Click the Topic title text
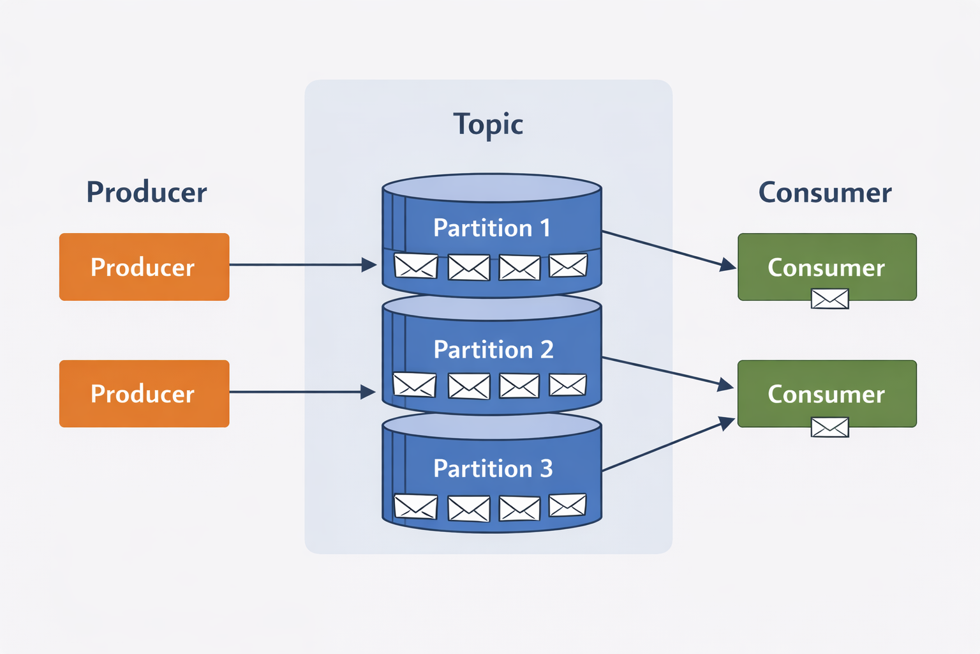point(488,125)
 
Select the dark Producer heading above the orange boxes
point(147,192)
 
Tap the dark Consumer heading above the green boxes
point(825,192)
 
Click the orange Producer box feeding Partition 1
point(144,267)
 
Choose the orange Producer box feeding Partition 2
point(144,393)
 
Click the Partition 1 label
point(491,228)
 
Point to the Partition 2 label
point(493,349)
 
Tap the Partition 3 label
point(493,468)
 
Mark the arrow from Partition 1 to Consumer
point(667,248)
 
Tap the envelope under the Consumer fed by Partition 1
point(829,299)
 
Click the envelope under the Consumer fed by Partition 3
point(829,427)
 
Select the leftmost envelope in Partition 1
point(416,266)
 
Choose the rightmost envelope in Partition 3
point(567,505)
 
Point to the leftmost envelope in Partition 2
point(415,384)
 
